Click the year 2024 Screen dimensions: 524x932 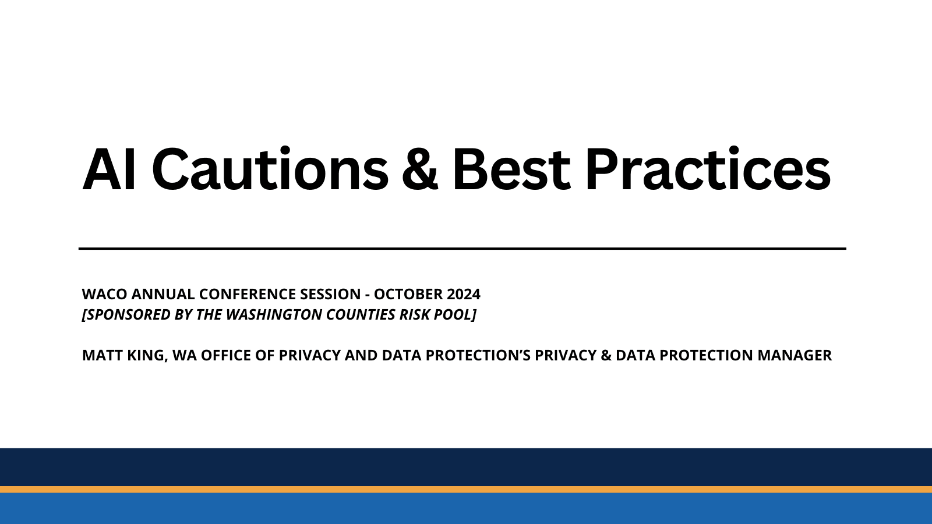(x=464, y=294)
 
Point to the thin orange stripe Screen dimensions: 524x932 (x=466, y=490)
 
